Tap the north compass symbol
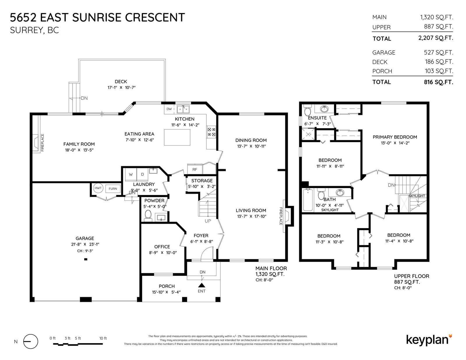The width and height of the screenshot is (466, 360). click(x=31, y=342)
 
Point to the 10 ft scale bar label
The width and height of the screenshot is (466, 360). click(x=103, y=338)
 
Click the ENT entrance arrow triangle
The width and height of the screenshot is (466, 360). click(x=202, y=285)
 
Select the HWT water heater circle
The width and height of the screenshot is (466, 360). click(x=98, y=188)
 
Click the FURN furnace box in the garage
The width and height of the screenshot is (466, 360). click(x=113, y=189)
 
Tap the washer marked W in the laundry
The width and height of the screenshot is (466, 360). click(x=131, y=174)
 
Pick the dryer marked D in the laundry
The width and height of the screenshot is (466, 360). click(x=142, y=174)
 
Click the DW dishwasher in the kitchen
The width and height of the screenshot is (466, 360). click(x=169, y=109)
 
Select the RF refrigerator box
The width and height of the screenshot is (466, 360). click(x=195, y=169)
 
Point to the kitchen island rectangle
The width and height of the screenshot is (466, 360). click(x=177, y=137)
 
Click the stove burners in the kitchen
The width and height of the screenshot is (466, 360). click(x=211, y=132)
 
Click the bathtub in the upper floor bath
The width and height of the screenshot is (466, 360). click(x=308, y=200)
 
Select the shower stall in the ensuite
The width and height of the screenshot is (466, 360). click(x=308, y=134)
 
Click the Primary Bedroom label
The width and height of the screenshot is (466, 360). click(x=395, y=137)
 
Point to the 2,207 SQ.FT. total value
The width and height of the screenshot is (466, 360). click(x=435, y=38)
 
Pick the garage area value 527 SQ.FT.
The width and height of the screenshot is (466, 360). click(x=438, y=52)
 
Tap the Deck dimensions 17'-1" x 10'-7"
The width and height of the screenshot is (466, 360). click(x=121, y=87)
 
